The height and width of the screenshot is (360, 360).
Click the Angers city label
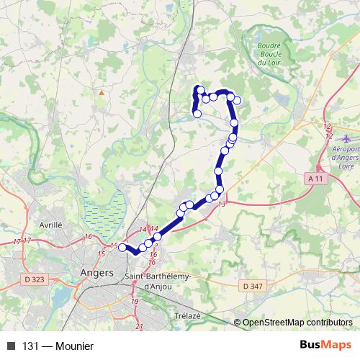point(99,273)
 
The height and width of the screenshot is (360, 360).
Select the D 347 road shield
point(253,286)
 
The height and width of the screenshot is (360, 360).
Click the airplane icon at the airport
point(346,137)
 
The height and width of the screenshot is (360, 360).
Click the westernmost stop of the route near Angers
point(122,248)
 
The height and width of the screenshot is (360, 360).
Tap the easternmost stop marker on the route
point(237,100)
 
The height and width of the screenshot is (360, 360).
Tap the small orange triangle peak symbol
point(102,92)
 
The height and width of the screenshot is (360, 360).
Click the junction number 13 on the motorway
point(222,204)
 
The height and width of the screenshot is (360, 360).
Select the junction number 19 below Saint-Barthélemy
point(135,301)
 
